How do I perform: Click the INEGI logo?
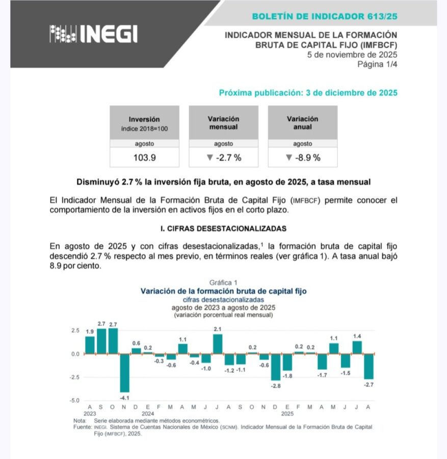[x=93, y=34]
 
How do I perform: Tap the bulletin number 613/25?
[x=382, y=16]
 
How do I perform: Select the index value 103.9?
[x=144, y=158]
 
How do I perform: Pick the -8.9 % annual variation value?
[x=306, y=158]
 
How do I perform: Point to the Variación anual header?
[x=302, y=122]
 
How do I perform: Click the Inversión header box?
[x=144, y=123]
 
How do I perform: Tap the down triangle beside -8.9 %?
[x=289, y=158]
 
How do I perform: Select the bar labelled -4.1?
[x=124, y=372]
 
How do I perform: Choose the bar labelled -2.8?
[x=276, y=367]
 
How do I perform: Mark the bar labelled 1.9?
[x=90, y=345]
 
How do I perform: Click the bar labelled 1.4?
[x=357, y=347]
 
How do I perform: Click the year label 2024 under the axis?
[x=148, y=414]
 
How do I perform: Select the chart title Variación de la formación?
[x=224, y=291]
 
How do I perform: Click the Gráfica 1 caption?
[x=224, y=283]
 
